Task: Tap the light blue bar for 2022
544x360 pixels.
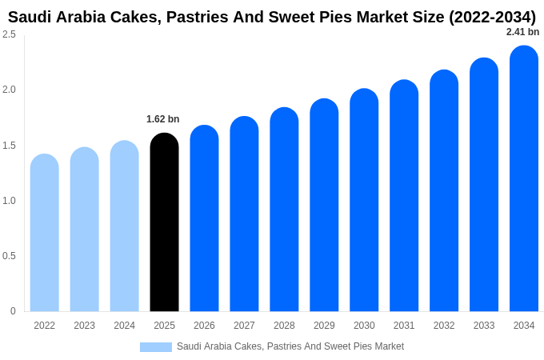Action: (x=45, y=233)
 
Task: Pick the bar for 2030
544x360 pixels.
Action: (x=364, y=200)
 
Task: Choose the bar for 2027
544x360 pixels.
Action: (x=244, y=214)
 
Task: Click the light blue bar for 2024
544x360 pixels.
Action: (x=124, y=226)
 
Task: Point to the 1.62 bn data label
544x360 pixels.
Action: (x=162, y=119)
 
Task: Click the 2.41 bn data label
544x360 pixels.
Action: (x=522, y=32)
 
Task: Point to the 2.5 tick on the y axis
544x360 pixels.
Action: (x=9, y=34)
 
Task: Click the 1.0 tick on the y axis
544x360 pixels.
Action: (x=9, y=201)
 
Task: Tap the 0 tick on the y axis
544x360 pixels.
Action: (x=13, y=311)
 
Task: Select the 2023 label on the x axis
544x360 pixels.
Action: (x=84, y=326)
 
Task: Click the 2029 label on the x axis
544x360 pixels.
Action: (x=324, y=326)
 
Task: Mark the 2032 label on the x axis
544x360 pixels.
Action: (x=444, y=326)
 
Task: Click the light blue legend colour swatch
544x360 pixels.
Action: (x=155, y=347)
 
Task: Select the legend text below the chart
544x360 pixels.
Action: (x=290, y=346)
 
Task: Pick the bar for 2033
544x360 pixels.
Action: (x=484, y=185)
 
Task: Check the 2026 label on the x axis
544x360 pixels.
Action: (x=204, y=326)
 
